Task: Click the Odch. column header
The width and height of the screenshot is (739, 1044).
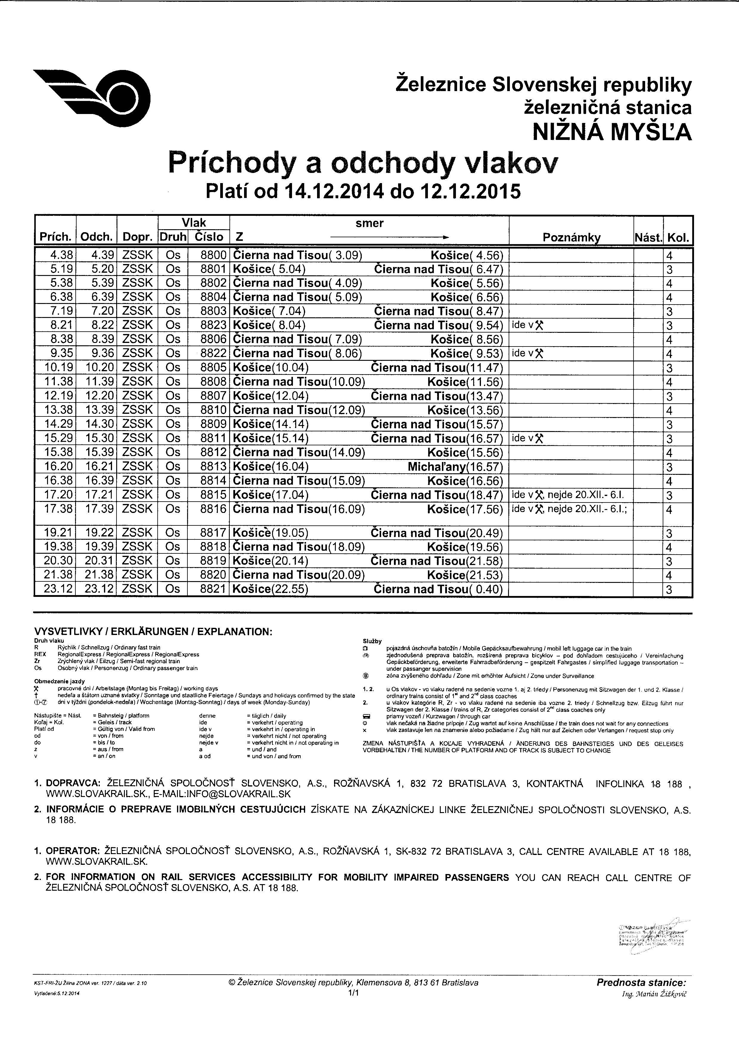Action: [x=97, y=237]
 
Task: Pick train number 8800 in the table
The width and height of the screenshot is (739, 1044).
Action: [x=213, y=255]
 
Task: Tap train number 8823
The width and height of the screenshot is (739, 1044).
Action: [x=213, y=326]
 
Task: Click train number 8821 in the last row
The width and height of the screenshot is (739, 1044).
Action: [x=213, y=589]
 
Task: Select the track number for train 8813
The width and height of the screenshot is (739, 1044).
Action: [x=669, y=467]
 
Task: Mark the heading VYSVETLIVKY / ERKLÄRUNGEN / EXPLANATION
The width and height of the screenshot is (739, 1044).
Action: [x=153, y=632]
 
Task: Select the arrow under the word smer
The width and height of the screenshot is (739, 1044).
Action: [x=389, y=237]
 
